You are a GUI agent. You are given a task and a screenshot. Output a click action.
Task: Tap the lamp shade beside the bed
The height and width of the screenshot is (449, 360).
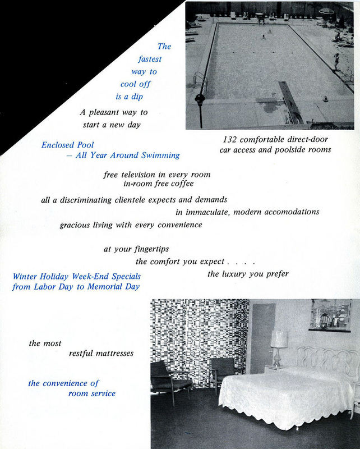[x=279, y=339]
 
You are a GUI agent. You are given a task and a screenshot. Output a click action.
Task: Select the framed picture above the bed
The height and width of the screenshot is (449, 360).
[x=330, y=315]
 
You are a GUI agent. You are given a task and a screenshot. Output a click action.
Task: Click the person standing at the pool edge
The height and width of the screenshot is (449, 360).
[x=336, y=61]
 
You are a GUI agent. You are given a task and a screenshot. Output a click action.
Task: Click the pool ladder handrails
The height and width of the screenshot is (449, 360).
[x=200, y=80]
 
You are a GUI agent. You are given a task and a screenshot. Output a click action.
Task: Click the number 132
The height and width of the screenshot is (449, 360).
[x=230, y=139]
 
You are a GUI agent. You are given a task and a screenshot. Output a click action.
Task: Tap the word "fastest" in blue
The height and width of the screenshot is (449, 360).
[x=150, y=59]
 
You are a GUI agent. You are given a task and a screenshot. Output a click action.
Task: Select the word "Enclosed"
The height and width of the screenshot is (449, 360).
[x=59, y=145]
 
